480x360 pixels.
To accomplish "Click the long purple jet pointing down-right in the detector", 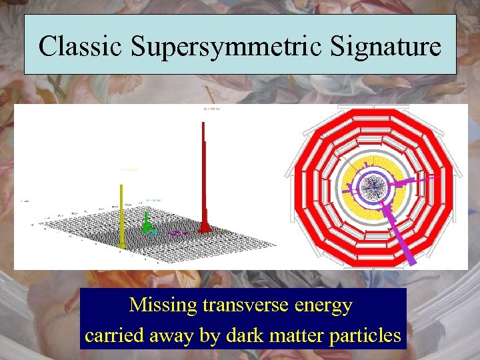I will coord(400,230).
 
